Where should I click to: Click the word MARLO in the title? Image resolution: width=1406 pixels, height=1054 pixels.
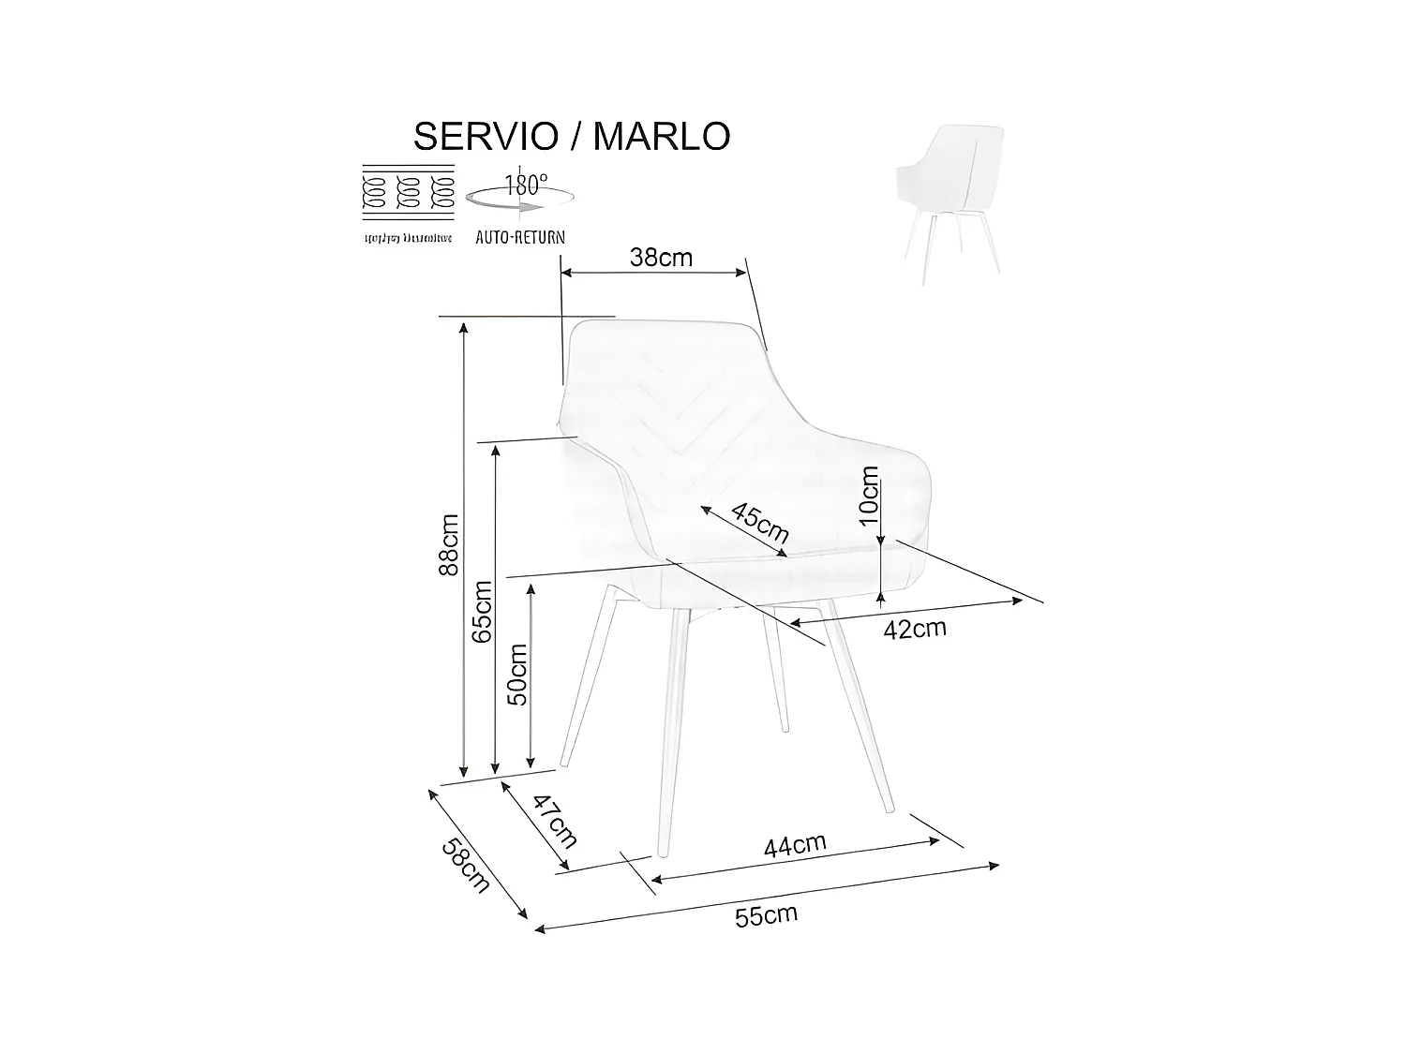click(x=662, y=137)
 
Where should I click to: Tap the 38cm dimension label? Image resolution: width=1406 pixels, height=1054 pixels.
click(x=661, y=258)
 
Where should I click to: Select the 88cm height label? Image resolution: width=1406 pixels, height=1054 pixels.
click(x=450, y=544)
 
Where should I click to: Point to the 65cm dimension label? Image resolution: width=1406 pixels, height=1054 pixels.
click(x=482, y=611)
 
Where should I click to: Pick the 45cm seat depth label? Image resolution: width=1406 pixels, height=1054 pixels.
click(x=759, y=525)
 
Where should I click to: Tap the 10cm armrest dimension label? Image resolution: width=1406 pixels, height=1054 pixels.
click(x=869, y=494)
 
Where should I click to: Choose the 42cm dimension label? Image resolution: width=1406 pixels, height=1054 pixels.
click(x=915, y=629)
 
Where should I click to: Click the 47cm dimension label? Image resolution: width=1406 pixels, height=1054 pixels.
click(x=555, y=819)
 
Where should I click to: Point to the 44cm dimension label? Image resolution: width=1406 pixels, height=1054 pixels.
click(x=795, y=846)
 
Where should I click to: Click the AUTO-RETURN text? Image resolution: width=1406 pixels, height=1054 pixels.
click(x=520, y=237)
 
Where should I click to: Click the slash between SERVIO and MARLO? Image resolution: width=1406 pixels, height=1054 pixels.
click(x=576, y=137)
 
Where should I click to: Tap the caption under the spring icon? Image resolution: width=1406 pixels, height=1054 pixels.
click(x=409, y=238)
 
